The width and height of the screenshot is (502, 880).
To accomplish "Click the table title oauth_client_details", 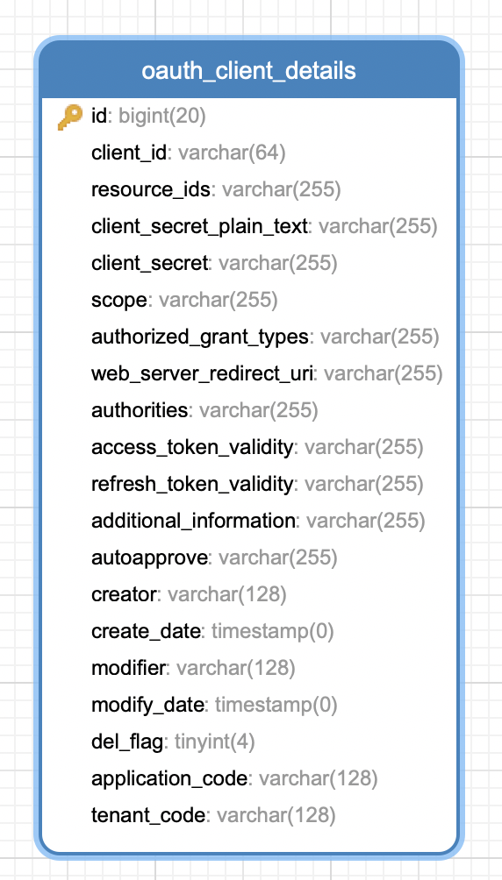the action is [x=248, y=71].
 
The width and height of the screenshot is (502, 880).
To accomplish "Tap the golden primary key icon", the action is [x=69, y=117].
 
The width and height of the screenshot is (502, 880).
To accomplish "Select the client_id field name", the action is [x=129, y=153].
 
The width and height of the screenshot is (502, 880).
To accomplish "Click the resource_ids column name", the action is [x=151, y=189].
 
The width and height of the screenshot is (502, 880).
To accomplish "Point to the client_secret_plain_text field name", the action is [x=199, y=226].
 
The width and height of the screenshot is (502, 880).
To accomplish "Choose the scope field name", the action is [x=119, y=301].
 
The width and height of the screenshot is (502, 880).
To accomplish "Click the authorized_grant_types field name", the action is [x=200, y=337].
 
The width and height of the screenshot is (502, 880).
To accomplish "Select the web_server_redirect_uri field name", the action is [x=202, y=373].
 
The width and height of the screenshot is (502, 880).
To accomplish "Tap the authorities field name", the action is [x=140, y=410].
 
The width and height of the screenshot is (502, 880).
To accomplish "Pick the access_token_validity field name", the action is [x=192, y=447].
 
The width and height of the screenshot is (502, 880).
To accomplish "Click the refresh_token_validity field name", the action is [x=192, y=484].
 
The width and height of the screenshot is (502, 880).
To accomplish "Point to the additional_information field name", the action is [x=193, y=521].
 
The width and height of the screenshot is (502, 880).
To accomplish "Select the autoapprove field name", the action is [x=149, y=557].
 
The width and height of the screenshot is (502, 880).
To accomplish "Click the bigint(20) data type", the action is [x=162, y=117].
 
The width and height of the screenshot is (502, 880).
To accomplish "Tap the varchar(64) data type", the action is [x=232, y=153].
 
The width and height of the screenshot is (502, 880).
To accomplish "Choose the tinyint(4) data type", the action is [x=215, y=742].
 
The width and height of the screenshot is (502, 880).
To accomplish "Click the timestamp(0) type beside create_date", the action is [x=273, y=631].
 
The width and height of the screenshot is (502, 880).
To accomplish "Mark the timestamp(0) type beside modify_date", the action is [x=276, y=705].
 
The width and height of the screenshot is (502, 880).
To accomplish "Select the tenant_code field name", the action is [x=148, y=815].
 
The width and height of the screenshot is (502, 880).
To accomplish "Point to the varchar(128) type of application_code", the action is [x=319, y=778].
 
